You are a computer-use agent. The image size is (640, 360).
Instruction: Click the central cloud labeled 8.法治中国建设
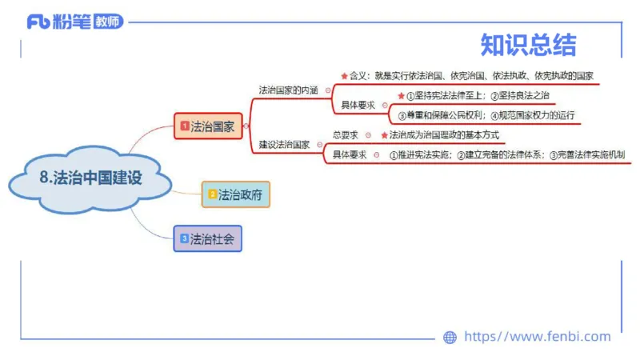point(90,178)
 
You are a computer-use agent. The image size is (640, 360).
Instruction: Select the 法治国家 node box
point(209,126)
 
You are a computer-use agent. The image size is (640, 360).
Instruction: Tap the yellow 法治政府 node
point(236,194)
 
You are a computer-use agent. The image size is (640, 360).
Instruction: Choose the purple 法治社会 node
point(207,238)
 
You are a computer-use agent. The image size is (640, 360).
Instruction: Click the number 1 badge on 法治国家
point(184,126)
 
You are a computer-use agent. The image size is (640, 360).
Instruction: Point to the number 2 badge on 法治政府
point(212,194)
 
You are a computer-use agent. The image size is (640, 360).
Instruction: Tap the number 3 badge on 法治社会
point(184,238)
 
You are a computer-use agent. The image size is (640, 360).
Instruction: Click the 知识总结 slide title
point(528,45)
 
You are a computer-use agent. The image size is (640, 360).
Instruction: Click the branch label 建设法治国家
point(284,145)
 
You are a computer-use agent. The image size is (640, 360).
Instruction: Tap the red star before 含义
point(344,76)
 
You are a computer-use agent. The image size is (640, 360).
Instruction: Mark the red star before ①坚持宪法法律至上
point(401,96)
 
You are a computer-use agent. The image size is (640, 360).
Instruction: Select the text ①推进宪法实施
point(421,155)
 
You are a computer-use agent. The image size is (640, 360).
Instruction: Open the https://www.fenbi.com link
point(537,337)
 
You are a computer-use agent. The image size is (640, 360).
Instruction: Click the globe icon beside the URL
point(450,338)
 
